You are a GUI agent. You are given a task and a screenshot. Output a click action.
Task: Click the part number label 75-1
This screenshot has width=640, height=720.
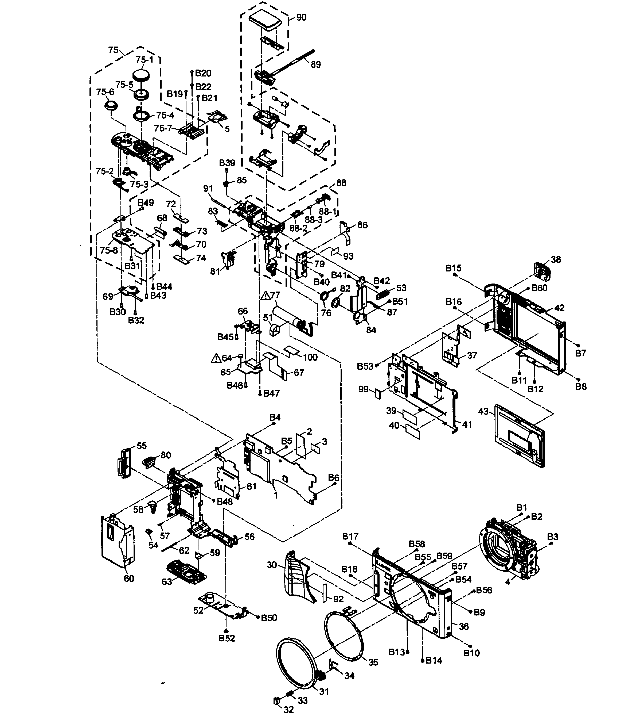144,60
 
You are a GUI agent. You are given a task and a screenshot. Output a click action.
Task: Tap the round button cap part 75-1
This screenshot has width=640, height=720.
142,75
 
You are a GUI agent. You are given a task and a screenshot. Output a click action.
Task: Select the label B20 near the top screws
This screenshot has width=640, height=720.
203,73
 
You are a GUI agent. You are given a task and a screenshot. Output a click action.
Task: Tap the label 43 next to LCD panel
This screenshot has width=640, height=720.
483,411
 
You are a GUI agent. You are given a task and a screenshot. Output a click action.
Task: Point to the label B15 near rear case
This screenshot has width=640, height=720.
453,269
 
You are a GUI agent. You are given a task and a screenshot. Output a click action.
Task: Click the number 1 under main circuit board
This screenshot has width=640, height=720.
276,495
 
